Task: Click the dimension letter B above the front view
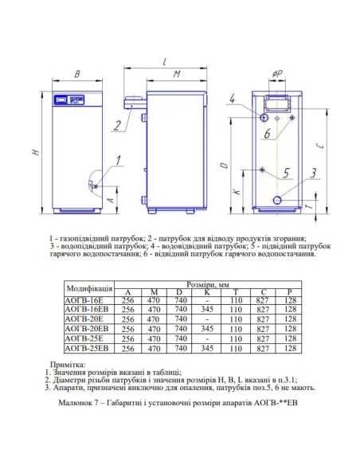[77, 74]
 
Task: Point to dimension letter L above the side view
[163, 61]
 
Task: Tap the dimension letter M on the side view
[178, 74]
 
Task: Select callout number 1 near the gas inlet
[117, 160]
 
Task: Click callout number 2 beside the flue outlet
[117, 123]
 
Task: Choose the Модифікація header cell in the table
[88, 287]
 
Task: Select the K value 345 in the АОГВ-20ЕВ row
[208, 328]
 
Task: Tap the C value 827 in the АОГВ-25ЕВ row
[263, 349]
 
